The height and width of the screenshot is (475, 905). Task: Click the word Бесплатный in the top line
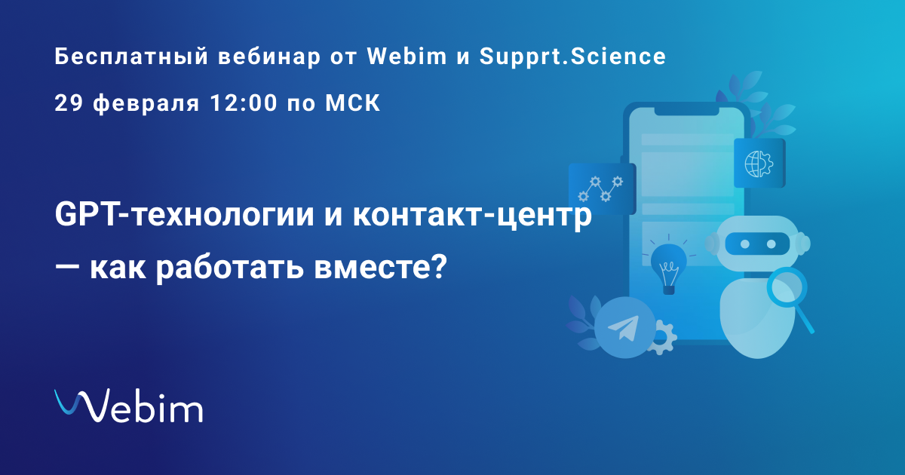tap(131, 57)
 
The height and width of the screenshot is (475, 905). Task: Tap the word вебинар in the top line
tap(269, 57)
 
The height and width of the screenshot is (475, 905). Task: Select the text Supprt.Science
tap(572, 57)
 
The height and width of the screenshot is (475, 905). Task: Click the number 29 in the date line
tap(69, 103)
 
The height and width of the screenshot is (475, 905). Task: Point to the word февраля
tap(146, 104)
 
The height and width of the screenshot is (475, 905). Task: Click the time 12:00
tap(244, 103)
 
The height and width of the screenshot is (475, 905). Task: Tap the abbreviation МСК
tap(353, 103)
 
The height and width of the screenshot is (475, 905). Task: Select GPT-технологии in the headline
tap(184, 216)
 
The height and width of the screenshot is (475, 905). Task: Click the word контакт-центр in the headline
tap(472, 216)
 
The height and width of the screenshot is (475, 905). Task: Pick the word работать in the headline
tap(230, 268)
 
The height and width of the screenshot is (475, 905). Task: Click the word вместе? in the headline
tap(381, 267)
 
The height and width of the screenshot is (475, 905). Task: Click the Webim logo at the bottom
tap(128, 406)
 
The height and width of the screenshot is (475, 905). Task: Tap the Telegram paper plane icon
tap(624, 327)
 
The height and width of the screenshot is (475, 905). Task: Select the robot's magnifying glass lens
tap(787, 287)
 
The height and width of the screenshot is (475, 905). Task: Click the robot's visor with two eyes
tap(757, 244)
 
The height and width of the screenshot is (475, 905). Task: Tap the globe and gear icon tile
tap(759, 163)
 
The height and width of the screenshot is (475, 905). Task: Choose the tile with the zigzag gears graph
tap(603, 188)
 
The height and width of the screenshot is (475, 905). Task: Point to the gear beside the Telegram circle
tap(664, 337)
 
